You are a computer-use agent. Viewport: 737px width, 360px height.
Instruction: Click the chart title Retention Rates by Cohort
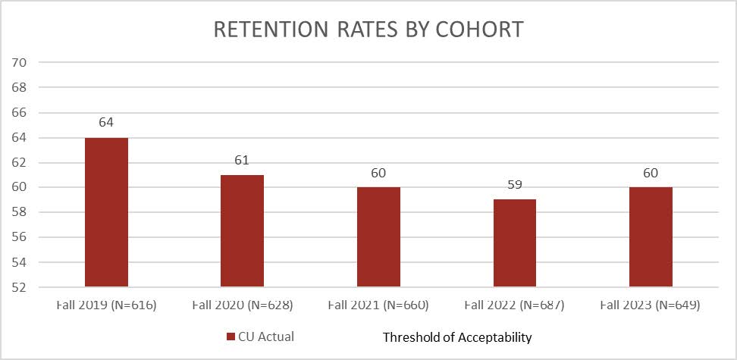pyautogui.click(x=368, y=29)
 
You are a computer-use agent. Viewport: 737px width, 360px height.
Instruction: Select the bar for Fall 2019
pyautogui.click(x=106, y=212)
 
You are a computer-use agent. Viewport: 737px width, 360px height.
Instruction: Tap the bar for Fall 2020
pyautogui.click(x=242, y=230)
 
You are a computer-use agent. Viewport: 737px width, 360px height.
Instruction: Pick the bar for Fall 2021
pyautogui.click(x=378, y=236)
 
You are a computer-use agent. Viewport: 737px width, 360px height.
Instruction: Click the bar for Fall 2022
pyautogui.click(x=514, y=243)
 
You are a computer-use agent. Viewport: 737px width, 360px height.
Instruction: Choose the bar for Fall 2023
pyautogui.click(x=651, y=236)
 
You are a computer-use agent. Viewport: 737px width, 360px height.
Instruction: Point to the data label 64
pyautogui.click(x=106, y=123)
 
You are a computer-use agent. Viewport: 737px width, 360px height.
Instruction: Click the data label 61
pyautogui.click(x=242, y=160)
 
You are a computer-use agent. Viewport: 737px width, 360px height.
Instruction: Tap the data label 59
pyautogui.click(x=514, y=185)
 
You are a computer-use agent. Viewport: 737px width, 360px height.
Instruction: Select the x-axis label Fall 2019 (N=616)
pyautogui.click(x=106, y=305)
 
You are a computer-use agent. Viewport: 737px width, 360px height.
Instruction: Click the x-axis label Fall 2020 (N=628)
pyautogui.click(x=242, y=305)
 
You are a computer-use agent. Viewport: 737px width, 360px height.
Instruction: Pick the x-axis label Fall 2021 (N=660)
pyautogui.click(x=378, y=305)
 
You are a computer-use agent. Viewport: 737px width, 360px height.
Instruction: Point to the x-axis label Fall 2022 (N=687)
pyautogui.click(x=514, y=305)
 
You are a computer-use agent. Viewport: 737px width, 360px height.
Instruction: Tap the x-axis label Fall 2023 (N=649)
pyautogui.click(x=651, y=305)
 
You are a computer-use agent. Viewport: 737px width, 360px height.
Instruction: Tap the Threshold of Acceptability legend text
pyautogui.click(x=457, y=337)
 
